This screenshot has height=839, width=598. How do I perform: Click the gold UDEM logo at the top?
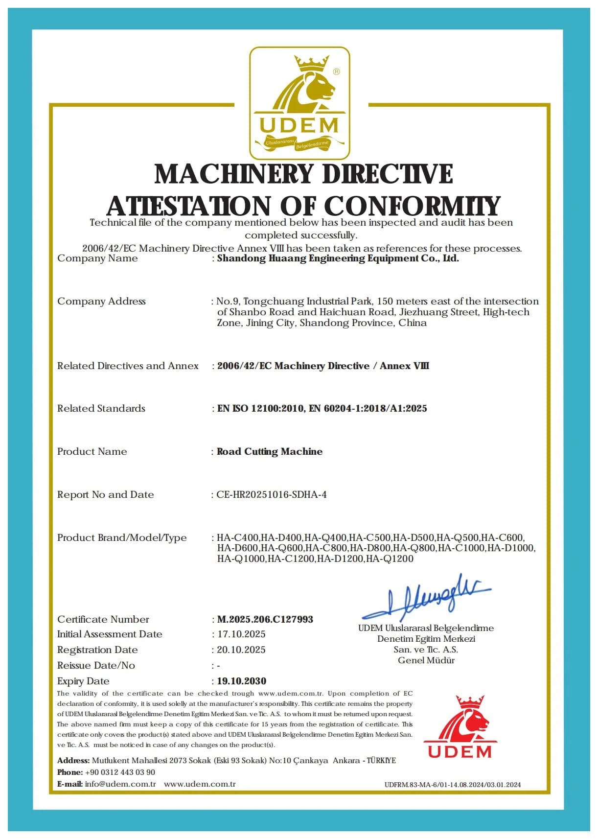pos(299,103)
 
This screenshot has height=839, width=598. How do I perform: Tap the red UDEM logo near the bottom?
pos(460,727)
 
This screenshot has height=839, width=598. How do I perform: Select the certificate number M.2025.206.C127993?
pos(265,619)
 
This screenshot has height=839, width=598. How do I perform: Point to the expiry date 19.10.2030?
pos(242,681)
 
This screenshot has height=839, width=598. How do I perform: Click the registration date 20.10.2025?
pos(241,650)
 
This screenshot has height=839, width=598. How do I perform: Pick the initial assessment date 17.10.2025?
pos(241,634)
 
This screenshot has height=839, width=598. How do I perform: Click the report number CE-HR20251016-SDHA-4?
pos(272,494)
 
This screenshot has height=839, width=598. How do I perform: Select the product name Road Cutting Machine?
pos(270,451)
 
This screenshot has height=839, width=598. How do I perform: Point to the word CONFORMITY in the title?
pos(412,206)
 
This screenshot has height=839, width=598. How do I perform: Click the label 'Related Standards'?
pos(101,408)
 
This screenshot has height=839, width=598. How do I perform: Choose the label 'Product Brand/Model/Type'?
pos(122,537)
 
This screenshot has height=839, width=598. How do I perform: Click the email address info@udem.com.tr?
pos(120,784)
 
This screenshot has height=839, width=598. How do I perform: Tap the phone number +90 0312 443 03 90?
pos(120,772)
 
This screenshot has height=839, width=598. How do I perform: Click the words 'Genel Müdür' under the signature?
pos(426,660)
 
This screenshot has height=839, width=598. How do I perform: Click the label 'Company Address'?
pos(101,301)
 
